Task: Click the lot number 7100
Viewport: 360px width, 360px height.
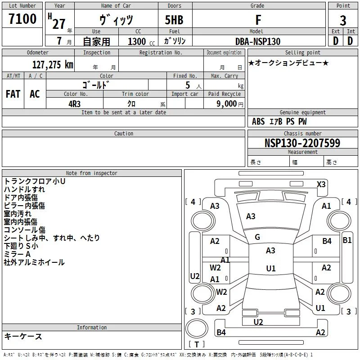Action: click(x=22, y=19)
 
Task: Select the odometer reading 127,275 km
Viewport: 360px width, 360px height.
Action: click(x=52, y=65)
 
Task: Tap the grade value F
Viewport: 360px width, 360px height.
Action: click(x=258, y=20)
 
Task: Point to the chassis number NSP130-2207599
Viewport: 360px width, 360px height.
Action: click(x=302, y=143)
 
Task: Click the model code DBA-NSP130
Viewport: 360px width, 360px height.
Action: click(x=258, y=41)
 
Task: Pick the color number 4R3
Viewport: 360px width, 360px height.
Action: click(x=74, y=103)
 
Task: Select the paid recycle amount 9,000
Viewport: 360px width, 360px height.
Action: click(x=223, y=103)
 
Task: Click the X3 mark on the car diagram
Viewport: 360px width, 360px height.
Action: click(x=321, y=184)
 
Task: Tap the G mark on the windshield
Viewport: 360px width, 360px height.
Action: click(x=257, y=237)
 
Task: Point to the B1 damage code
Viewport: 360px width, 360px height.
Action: click(x=347, y=240)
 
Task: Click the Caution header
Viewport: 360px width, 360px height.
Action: click(x=124, y=134)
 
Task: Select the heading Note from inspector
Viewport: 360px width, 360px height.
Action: click(x=92, y=173)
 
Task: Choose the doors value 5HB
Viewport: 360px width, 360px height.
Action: click(x=174, y=20)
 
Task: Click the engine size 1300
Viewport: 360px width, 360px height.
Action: click(x=137, y=41)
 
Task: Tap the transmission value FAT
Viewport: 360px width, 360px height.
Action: click(x=13, y=94)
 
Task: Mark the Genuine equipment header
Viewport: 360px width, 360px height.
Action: click(x=302, y=112)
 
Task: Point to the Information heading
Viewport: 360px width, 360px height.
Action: click(x=92, y=328)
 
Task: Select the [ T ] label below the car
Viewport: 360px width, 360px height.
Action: click(x=196, y=344)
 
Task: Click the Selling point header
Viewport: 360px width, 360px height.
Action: click(x=302, y=53)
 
